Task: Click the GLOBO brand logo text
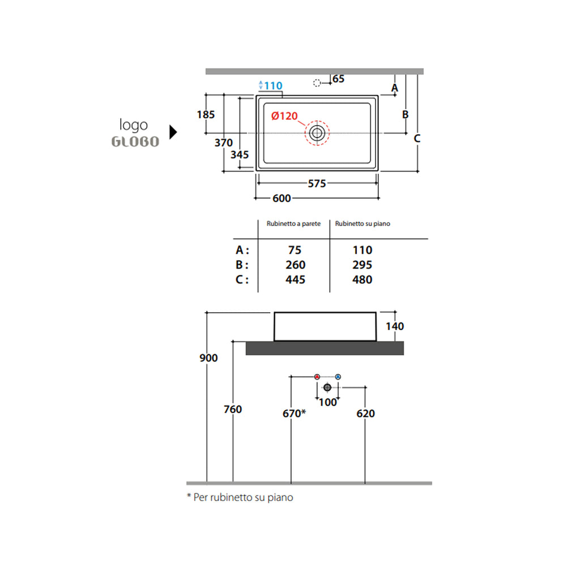[135, 142]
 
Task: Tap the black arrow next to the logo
[173, 132]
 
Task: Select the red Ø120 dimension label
[284, 116]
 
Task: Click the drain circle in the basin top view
[317, 133]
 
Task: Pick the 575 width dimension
[317, 184]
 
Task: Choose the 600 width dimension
[282, 198]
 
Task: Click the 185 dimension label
[206, 114]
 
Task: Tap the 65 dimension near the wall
[339, 79]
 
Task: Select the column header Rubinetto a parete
[294, 223]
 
